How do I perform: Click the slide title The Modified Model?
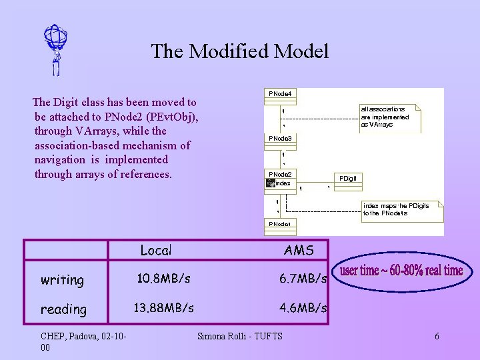click(x=240, y=51)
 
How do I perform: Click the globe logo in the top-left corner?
click(x=56, y=49)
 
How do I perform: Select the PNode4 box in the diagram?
click(x=280, y=95)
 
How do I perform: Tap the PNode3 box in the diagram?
click(x=280, y=139)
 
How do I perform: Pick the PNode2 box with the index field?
click(x=281, y=179)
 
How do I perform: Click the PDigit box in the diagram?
click(x=348, y=179)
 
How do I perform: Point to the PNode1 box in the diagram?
click(x=280, y=224)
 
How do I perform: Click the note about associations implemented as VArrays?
click(x=386, y=117)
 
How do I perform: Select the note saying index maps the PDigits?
click(x=396, y=209)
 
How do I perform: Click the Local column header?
click(x=156, y=251)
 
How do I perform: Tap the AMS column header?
click(x=298, y=251)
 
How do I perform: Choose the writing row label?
click(x=63, y=280)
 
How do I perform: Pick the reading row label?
click(x=64, y=309)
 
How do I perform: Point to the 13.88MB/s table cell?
click(x=164, y=308)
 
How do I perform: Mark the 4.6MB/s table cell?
click(x=303, y=308)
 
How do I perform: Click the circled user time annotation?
click(x=401, y=271)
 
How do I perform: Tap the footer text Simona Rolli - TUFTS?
click(x=240, y=336)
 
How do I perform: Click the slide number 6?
click(x=437, y=336)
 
